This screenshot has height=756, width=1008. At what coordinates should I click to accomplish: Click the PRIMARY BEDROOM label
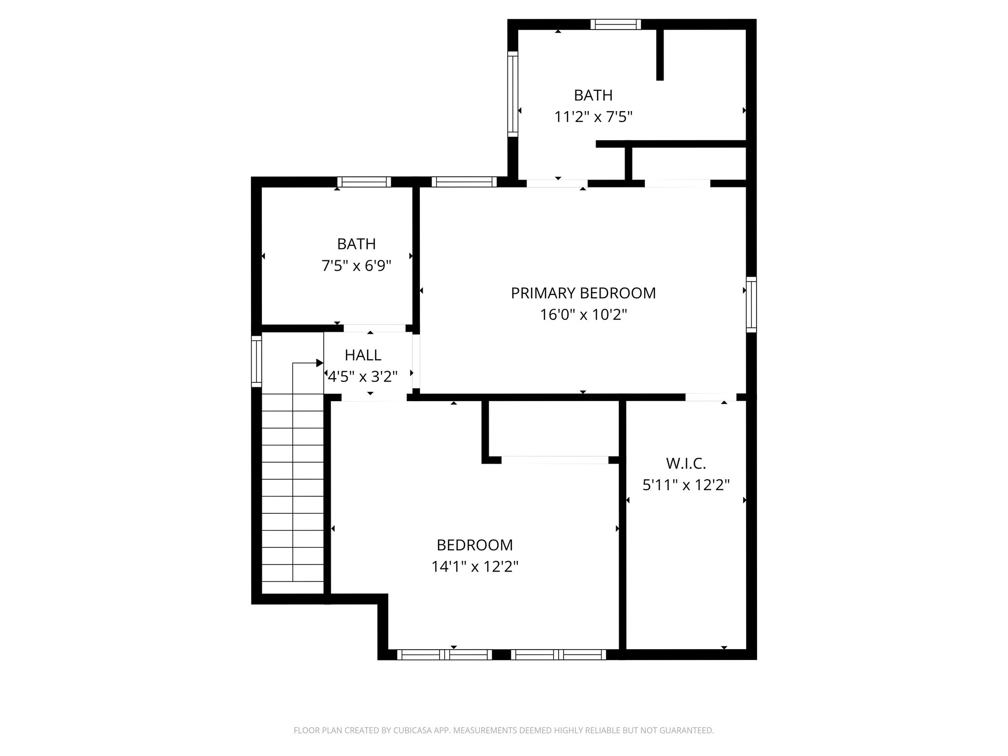[583, 293]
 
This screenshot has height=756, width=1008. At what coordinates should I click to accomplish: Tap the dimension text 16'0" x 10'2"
[583, 315]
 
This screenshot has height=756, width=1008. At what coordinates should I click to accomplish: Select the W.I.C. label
[686, 463]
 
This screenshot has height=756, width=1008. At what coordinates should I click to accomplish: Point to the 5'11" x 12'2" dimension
[686, 485]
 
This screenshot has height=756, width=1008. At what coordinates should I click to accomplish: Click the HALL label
[363, 355]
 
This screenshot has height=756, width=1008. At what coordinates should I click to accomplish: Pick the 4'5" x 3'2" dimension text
[363, 377]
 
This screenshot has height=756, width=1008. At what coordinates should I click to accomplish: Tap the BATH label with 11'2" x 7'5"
[593, 95]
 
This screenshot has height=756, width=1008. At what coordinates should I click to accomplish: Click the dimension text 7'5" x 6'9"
[356, 266]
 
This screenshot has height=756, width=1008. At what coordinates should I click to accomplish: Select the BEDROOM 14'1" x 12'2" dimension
[475, 567]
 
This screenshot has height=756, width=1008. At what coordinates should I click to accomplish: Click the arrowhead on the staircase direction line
[319, 363]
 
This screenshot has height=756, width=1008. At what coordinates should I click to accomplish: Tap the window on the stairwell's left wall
[256, 361]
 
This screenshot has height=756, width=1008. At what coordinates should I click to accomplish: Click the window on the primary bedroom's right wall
[751, 304]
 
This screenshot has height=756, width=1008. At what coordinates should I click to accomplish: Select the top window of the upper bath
[616, 24]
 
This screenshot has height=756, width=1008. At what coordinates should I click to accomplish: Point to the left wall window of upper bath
[513, 94]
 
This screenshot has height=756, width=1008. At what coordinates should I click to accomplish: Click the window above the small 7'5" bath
[364, 182]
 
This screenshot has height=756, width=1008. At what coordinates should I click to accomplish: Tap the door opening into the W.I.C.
[710, 397]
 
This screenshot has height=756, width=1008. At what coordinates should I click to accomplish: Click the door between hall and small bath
[375, 328]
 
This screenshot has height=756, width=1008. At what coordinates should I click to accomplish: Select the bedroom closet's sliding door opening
[555, 460]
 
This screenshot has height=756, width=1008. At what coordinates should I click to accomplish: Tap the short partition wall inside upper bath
[660, 54]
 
